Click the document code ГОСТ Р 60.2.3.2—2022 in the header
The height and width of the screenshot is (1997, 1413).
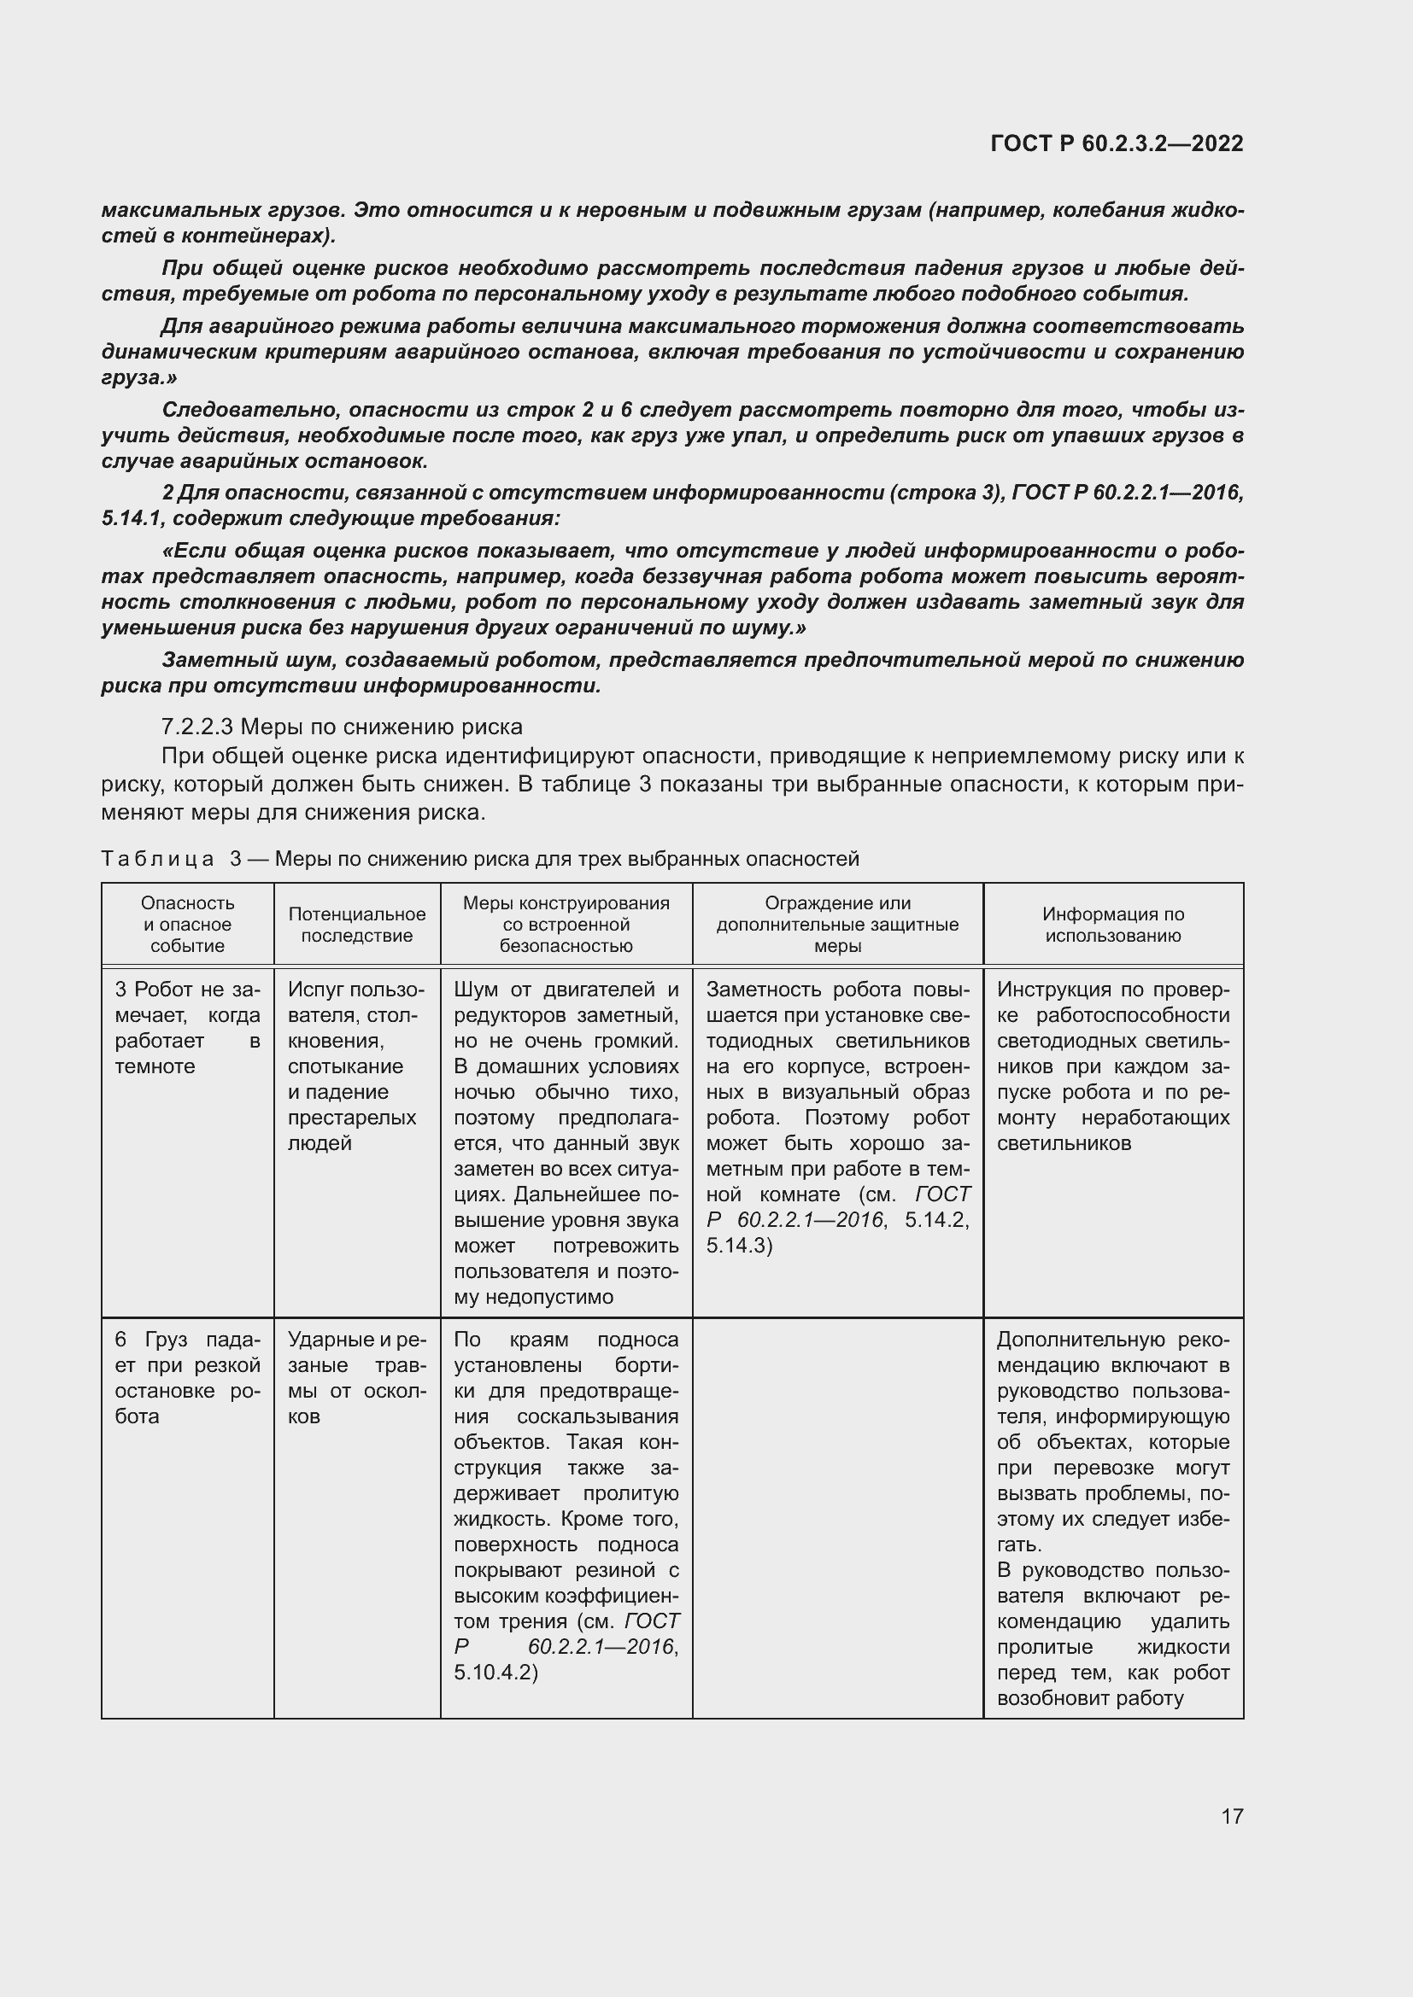(1117, 143)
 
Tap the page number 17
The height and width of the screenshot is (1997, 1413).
(1232, 1816)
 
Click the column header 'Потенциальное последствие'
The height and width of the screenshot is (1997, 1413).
(357, 925)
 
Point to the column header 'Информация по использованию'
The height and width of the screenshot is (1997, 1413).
(1113, 925)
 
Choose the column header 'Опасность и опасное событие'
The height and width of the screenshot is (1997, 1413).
(187, 925)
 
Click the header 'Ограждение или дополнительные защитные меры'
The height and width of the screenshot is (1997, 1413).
(837, 925)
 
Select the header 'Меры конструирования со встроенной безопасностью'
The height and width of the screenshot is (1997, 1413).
(566, 925)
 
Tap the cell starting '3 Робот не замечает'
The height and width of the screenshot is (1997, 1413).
(187, 1028)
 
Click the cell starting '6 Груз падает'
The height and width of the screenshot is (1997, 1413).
(187, 1378)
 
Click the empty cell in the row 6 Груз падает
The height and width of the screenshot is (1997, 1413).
(837, 1518)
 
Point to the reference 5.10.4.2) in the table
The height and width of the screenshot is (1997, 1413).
(496, 1673)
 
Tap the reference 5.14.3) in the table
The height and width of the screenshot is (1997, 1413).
(740, 1246)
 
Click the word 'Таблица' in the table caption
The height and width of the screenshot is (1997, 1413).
(157, 860)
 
